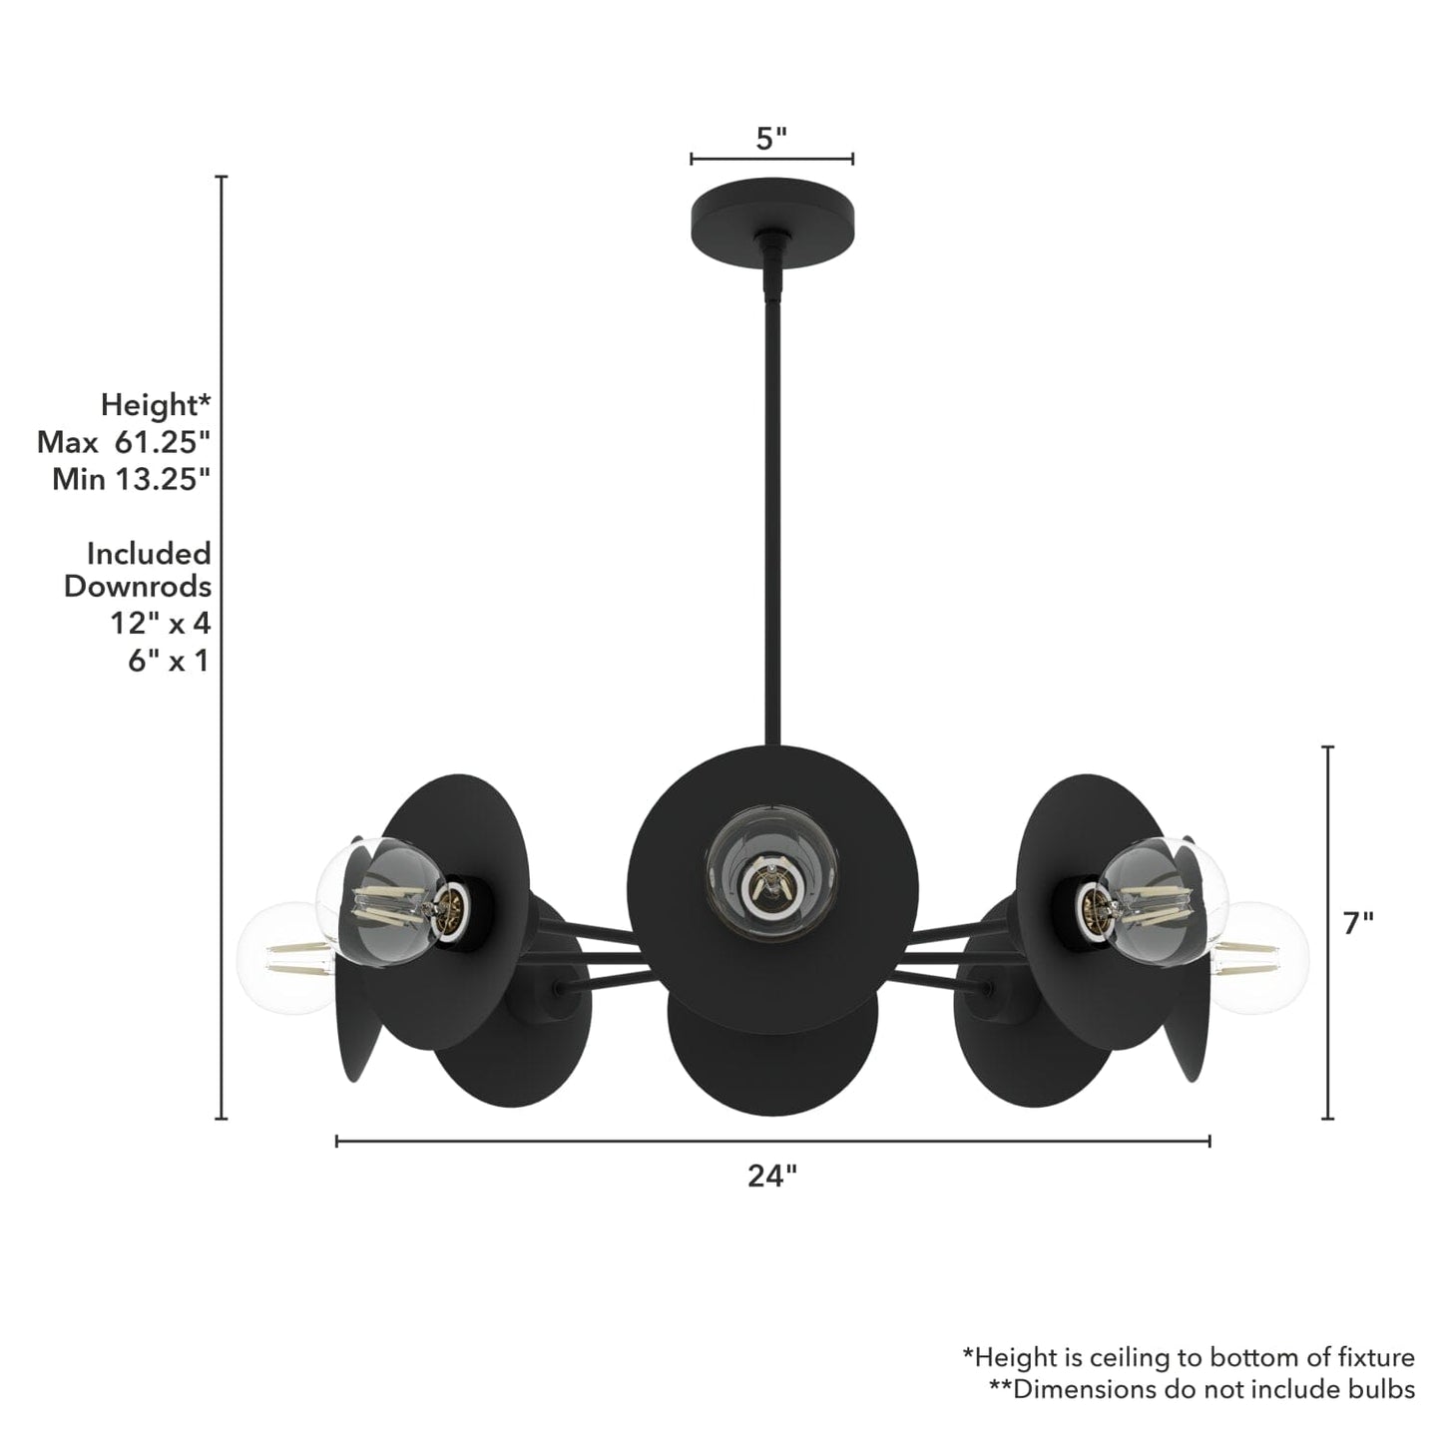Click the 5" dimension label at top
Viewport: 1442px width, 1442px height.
coord(771,139)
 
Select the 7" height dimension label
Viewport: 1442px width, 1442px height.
coord(1358,924)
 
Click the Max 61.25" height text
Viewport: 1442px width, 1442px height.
coord(124,442)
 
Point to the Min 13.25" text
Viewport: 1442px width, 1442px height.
coord(131,479)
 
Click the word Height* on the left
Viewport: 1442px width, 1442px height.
coord(156,405)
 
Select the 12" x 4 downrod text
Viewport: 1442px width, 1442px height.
coord(160,623)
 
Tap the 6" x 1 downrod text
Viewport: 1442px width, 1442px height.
coord(168,660)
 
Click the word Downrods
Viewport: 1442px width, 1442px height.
coord(138,587)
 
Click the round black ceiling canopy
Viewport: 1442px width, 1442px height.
coord(771,211)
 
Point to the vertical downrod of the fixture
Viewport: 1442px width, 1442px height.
coord(771,499)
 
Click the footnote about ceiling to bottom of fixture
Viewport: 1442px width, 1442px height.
coord(1188,1357)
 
